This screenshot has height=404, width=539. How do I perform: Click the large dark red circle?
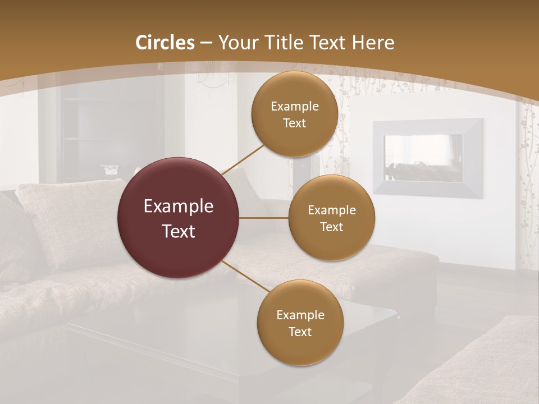tap(178, 218)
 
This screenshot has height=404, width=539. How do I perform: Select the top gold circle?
tap(294, 114)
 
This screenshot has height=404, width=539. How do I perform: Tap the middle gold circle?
tap(331, 218)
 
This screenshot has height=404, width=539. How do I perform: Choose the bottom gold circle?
tap(300, 323)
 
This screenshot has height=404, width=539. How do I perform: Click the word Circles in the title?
tap(165, 43)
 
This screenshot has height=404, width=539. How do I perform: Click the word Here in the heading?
tap(373, 43)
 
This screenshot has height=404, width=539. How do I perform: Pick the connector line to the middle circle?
tap(264, 218)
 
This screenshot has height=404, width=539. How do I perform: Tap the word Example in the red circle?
tap(178, 206)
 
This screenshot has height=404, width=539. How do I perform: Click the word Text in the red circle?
tap(178, 231)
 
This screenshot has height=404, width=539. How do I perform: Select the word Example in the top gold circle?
tap(295, 107)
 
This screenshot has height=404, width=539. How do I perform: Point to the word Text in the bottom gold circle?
tap(300, 332)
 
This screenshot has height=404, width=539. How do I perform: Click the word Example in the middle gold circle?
tap(331, 210)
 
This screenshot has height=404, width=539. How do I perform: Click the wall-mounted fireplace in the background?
tap(428, 158)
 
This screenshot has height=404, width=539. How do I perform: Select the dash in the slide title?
tap(205, 43)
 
